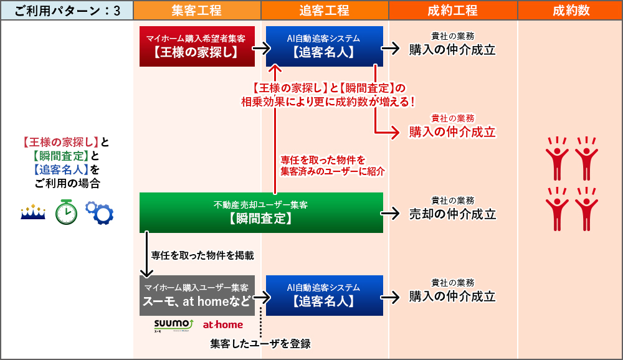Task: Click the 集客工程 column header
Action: coord(196,10)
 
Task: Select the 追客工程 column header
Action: coord(324,10)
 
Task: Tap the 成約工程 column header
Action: coord(452,10)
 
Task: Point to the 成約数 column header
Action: coord(570,10)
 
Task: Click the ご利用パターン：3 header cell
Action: coord(67,10)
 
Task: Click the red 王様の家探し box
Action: coord(197,46)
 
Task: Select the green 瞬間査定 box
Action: coord(261,212)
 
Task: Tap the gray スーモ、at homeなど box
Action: coord(197,295)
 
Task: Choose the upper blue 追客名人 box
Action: coord(324,46)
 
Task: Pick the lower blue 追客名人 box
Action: coord(324,295)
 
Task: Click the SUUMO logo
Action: coord(173,325)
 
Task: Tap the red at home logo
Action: coord(223,324)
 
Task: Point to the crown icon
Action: coord(33,212)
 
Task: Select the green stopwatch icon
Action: coord(65,212)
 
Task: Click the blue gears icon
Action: coord(99,212)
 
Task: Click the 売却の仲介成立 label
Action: coord(452,214)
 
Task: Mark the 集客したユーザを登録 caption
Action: coord(260,344)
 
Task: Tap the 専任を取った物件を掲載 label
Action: coord(202,255)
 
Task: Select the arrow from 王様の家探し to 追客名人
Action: coord(260,48)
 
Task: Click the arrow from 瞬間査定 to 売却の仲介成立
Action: coord(391,213)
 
